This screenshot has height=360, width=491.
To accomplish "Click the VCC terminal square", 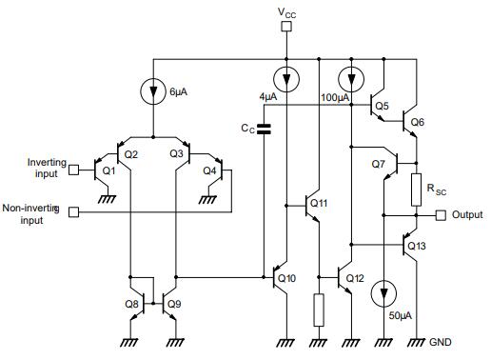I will click(286, 28).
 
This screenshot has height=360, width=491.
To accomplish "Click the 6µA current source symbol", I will click(153, 92).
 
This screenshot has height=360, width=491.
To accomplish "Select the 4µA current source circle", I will click(286, 77).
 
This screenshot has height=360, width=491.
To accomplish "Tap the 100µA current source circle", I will click(351, 77).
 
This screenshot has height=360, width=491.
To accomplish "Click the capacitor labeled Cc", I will click(265, 127).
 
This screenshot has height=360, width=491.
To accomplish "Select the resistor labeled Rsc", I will click(416, 190).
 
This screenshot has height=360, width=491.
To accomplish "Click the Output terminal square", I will click(441, 215).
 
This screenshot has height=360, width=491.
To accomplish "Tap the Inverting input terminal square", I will click(74, 171).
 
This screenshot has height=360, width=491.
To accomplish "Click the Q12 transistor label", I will click(355, 278).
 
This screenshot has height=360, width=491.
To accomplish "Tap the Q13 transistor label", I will click(418, 246).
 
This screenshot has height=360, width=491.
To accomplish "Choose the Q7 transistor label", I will click(379, 164).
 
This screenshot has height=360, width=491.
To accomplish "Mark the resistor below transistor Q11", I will click(318, 308).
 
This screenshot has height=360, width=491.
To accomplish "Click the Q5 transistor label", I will click(382, 106).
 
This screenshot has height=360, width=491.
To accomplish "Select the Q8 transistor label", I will click(131, 305).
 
